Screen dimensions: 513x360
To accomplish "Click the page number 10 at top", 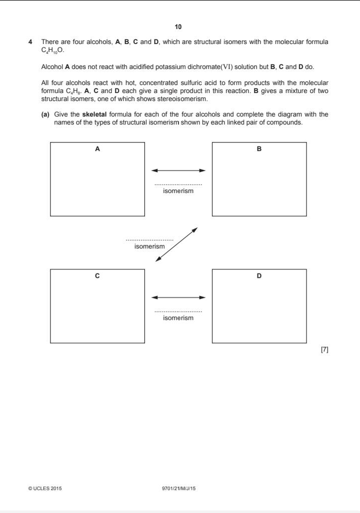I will (x=179, y=26).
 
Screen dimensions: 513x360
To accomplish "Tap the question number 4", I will (x=31, y=42).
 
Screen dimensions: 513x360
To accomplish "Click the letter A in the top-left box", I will (x=97, y=149).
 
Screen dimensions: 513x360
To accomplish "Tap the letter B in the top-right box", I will (x=259, y=149).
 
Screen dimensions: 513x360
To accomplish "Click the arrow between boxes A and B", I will (x=178, y=170).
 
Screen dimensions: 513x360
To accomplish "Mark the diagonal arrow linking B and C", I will (x=176, y=244).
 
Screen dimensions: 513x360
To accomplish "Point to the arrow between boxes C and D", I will (x=178, y=297).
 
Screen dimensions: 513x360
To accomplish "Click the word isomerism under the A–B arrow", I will (x=178, y=191).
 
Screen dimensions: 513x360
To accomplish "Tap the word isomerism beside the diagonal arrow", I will (x=149, y=246).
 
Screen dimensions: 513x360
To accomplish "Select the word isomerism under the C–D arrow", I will (x=178, y=318).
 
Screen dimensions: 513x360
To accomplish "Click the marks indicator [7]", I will (x=324, y=350).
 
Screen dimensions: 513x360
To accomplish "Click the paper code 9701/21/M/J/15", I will (x=178, y=488).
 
